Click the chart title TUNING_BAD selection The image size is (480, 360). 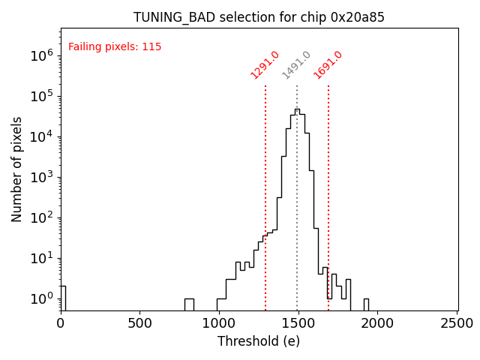pos(259,17)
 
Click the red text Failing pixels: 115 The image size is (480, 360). pos(115,47)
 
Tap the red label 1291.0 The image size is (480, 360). pos(265,65)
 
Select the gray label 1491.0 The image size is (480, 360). pos(296,65)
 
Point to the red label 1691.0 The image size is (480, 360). pos(328,65)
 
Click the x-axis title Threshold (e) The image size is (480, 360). pos(259,341)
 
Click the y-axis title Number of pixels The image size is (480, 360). pos(17,169)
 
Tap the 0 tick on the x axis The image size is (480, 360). pos(61,323)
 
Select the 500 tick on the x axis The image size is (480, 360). pos(140,323)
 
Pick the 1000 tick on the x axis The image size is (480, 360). pos(220,323)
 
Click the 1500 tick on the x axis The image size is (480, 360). pos(299,323)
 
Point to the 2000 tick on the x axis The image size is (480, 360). pos(379,323)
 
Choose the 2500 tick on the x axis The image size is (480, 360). pos(457,323)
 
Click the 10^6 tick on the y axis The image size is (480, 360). pos(40,55)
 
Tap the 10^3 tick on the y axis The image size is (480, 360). pos(40,177)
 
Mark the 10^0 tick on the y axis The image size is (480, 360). pos(40,298)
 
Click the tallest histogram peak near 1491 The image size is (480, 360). pos(297,109)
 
